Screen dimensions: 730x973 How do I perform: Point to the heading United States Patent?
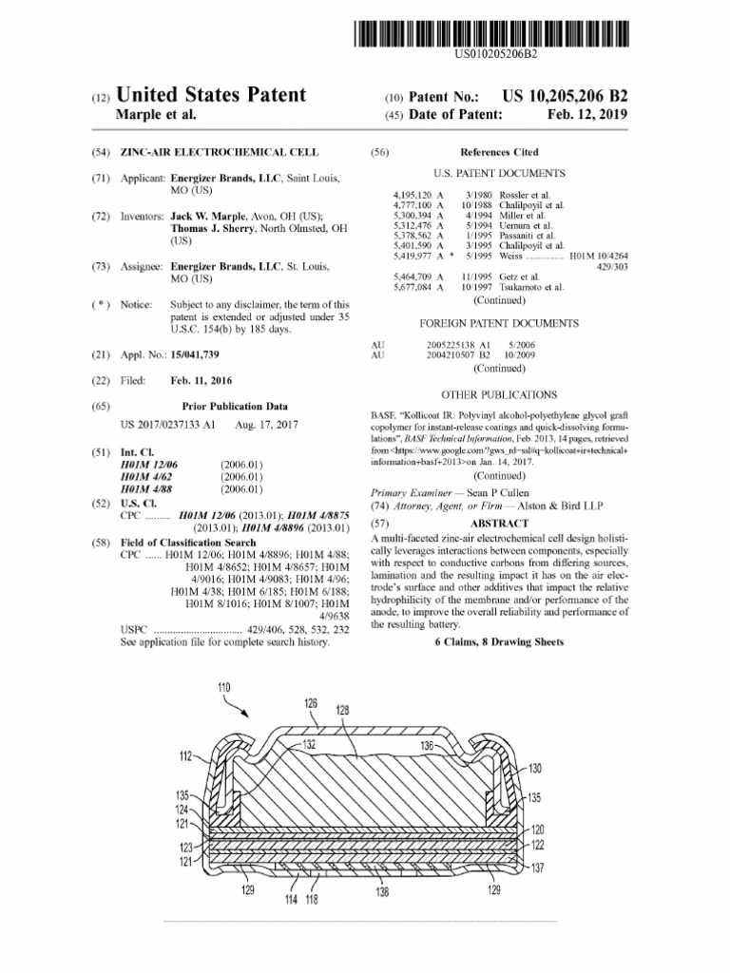(211, 95)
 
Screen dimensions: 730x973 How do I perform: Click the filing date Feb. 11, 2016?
(201, 380)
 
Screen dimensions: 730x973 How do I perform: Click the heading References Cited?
(498, 152)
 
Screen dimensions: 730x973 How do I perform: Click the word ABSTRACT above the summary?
(499, 524)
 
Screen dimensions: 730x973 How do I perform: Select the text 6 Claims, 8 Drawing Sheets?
(498, 642)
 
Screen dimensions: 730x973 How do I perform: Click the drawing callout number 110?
(224, 686)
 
